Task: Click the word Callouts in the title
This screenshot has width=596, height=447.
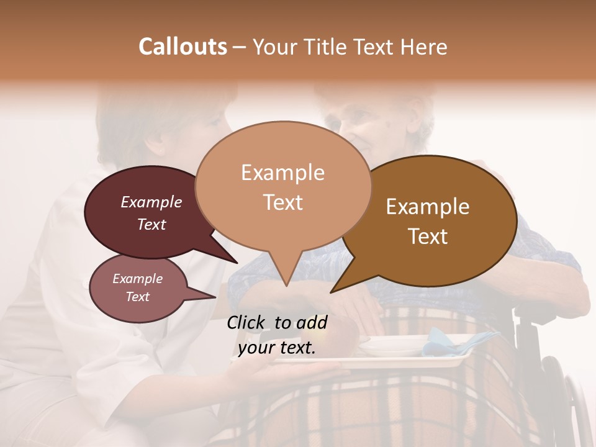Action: [x=183, y=47]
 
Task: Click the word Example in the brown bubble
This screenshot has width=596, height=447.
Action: [x=428, y=207]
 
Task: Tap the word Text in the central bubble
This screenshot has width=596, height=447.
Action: [x=283, y=202]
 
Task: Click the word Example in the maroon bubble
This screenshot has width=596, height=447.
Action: [x=151, y=202]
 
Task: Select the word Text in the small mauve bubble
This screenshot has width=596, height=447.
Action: [x=138, y=297]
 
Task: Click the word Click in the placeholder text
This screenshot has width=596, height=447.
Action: [x=248, y=322]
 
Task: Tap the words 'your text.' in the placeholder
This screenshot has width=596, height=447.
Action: [x=277, y=348]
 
